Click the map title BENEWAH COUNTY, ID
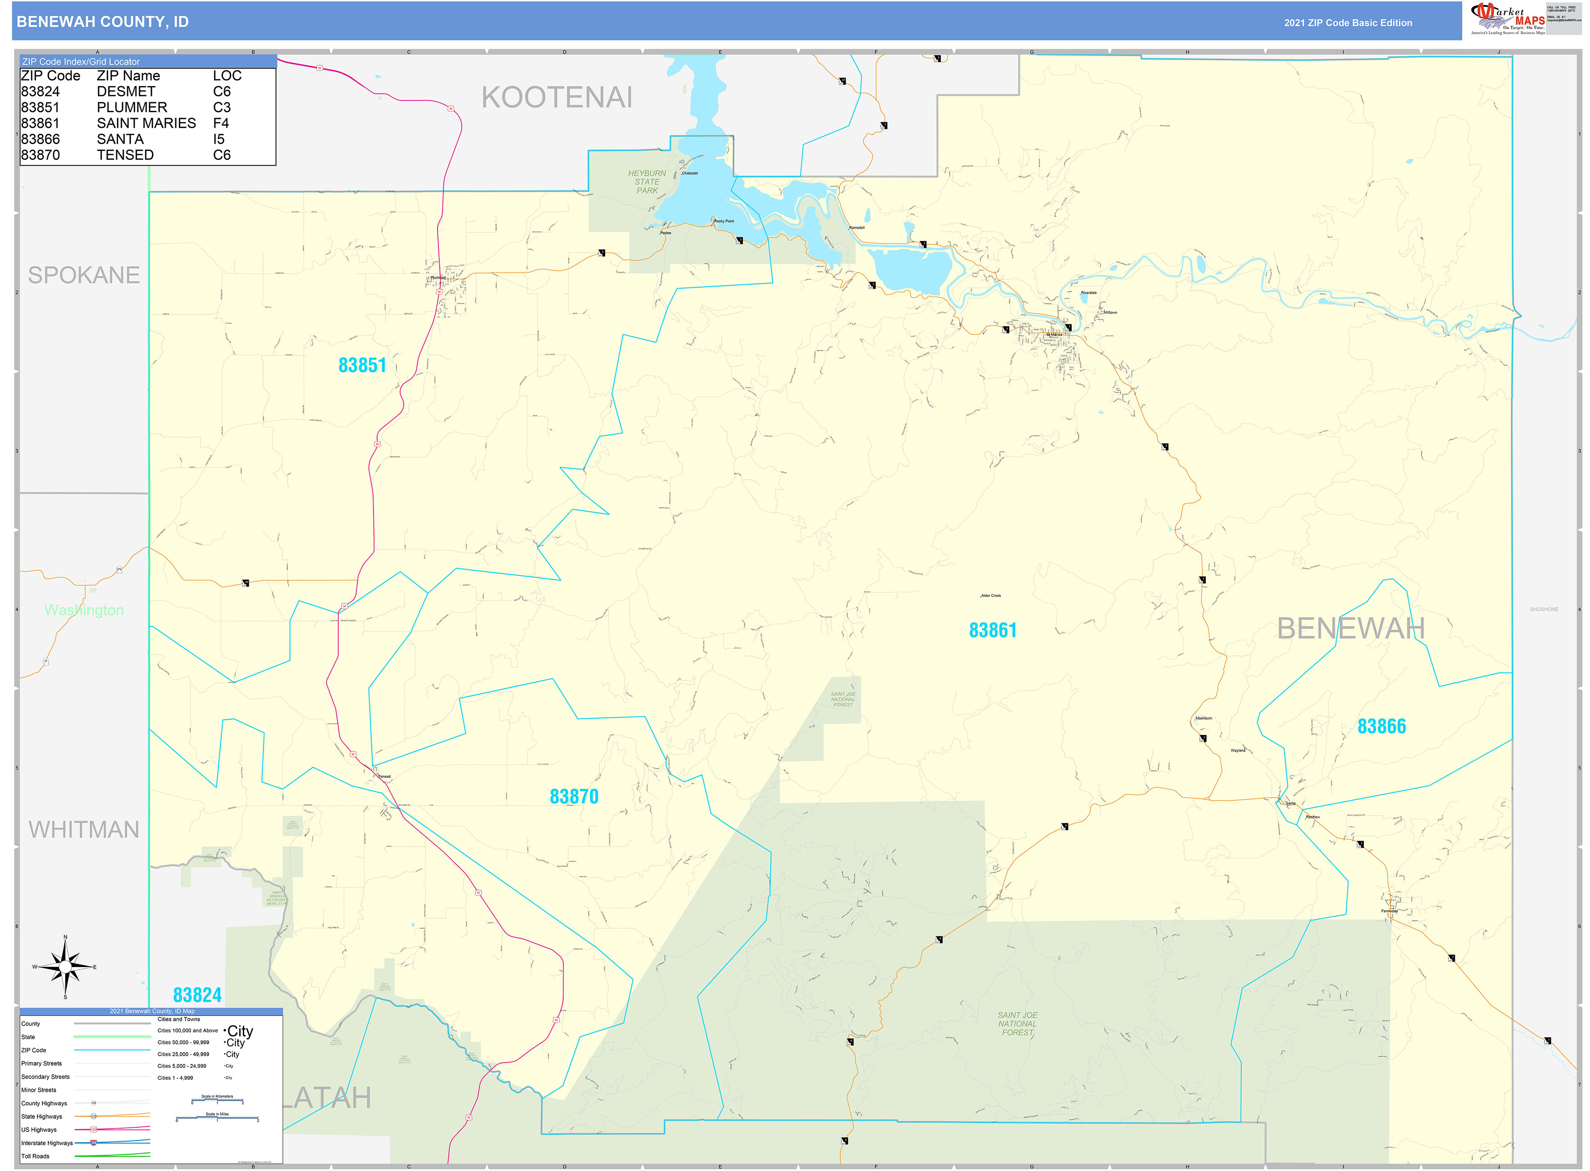tap(102, 22)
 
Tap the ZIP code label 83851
tap(362, 365)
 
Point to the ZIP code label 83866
tap(1381, 726)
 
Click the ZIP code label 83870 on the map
tap(574, 797)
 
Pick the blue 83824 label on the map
tap(197, 995)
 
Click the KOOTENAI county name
tap(557, 98)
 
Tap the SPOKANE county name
tap(84, 275)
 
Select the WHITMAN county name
tap(84, 829)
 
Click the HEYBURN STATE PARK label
tap(647, 182)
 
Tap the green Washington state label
tap(84, 610)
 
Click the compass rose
tap(65, 967)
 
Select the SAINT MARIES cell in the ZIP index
tap(146, 123)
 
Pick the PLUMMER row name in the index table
tap(132, 108)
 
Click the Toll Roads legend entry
tap(36, 1156)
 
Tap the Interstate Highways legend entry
tap(47, 1143)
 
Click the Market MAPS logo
tap(1507, 19)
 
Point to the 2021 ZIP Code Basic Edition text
tap(1348, 23)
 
